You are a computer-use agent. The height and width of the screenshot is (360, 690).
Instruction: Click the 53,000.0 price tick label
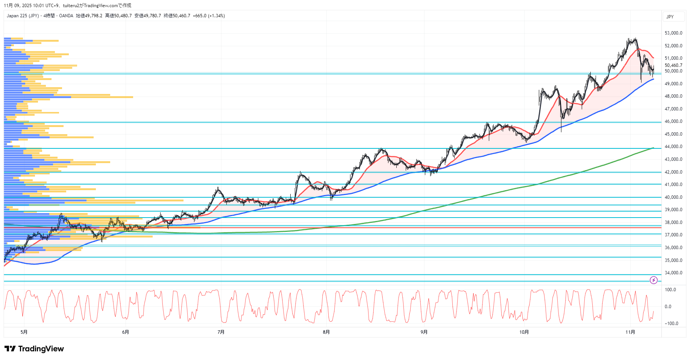(x=673, y=33)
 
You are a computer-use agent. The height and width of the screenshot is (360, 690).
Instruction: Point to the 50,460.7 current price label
(x=673, y=65)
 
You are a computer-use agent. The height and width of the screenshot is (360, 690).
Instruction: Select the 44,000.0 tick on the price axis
(x=673, y=147)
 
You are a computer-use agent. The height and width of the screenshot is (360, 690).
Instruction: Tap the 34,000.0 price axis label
(x=673, y=273)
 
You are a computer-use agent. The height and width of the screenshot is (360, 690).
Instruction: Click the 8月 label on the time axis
(x=326, y=332)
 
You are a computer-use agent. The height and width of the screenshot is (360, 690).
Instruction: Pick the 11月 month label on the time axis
(x=630, y=332)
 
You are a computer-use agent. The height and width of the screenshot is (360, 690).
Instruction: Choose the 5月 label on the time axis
(x=24, y=332)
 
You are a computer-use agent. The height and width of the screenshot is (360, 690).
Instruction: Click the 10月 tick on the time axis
(x=524, y=332)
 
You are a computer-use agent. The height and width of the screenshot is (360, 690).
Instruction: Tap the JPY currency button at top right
(x=670, y=17)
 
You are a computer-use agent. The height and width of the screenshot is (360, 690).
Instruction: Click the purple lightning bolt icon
(x=654, y=280)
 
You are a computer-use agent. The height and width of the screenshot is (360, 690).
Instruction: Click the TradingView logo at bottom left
(x=34, y=349)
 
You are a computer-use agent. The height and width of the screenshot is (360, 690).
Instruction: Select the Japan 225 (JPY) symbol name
(x=23, y=16)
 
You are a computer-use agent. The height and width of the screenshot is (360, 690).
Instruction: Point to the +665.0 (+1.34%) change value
(x=209, y=16)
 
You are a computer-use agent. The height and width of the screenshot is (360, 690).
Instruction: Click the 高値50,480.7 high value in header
(x=118, y=16)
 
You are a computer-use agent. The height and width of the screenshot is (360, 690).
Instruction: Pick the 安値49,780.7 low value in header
(x=148, y=16)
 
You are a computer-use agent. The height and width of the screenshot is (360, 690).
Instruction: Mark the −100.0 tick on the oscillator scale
(x=671, y=324)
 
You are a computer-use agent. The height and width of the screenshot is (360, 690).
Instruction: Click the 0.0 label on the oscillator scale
(x=668, y=307)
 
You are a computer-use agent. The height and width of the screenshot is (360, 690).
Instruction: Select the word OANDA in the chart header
(x=66, y=16)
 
